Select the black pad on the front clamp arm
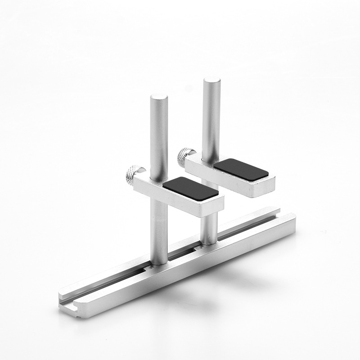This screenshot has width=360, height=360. click(190, 188)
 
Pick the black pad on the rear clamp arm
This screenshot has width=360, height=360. click(241, 170)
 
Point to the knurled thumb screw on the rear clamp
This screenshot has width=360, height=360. click(185, 156)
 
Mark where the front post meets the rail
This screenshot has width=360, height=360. click(159, 263)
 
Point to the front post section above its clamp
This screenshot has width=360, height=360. click(159, 135)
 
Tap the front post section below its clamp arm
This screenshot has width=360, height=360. click(159, 234)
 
